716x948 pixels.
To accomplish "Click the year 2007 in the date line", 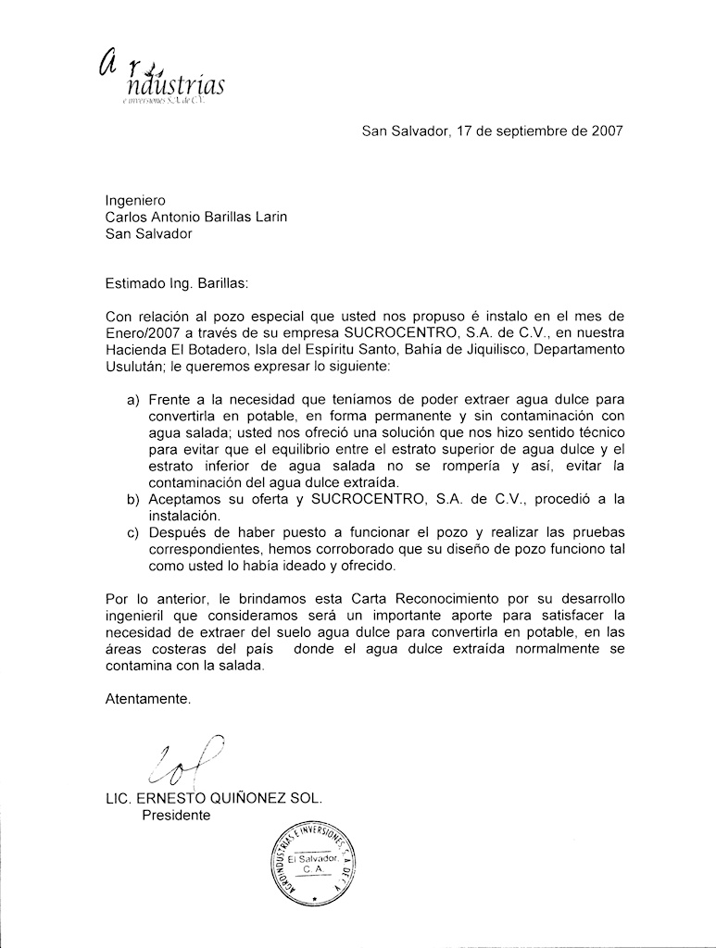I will [x=604, y=131].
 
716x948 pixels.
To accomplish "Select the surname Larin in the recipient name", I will [x=268, y=217].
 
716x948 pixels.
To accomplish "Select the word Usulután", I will [x=138, y=368].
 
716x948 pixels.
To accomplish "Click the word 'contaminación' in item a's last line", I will [x=197, y=482].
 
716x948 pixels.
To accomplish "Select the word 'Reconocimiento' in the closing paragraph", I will [x=421, y=598].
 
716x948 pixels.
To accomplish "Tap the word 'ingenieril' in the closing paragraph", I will [x=137, y=616].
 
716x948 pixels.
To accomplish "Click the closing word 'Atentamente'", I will [x=148, y=700].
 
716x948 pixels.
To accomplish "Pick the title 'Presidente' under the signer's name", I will [x=176, y=816].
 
